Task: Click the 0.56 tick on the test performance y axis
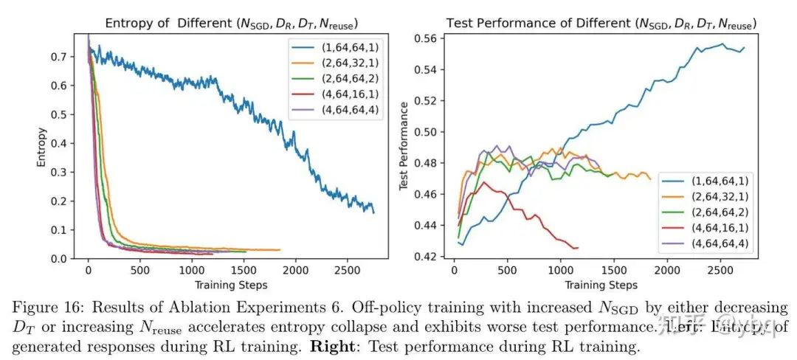pos(435,39)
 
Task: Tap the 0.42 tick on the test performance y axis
pos(435,257)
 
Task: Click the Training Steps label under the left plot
pos(230,284)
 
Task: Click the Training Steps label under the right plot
pos(601,284)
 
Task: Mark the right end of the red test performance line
pos(578,247)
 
